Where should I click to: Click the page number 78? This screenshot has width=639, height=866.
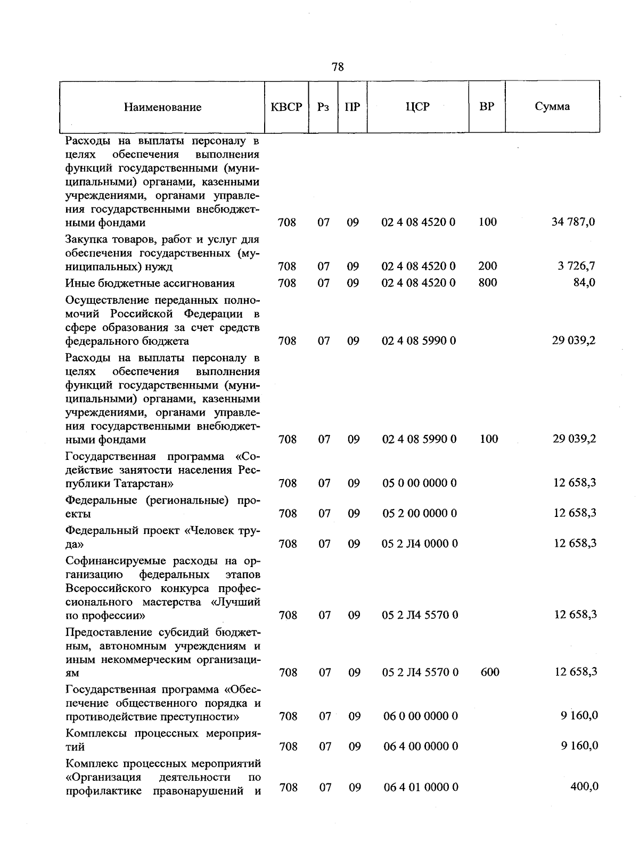tap(338, 67)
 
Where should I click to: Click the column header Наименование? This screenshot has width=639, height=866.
tap(162, 107)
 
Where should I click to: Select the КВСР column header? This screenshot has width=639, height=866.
tap(286, 107)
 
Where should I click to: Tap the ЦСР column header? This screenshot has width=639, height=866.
tap(417, 107)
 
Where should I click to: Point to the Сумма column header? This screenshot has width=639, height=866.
tap(552, 106)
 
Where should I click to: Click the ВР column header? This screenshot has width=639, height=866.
tap(487, 106)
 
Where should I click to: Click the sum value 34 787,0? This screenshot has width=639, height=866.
tap(574, 222)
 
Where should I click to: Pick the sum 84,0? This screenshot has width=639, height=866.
tap(584, 282)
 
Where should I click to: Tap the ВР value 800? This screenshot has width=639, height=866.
tap(488, 282)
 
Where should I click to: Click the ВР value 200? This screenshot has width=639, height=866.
tap(488, 265)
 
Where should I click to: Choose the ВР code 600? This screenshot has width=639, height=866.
tap(490, 672)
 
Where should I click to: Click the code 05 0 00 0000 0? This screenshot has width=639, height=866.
tap(420, 483)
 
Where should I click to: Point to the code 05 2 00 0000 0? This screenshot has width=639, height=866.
tap(420, 513)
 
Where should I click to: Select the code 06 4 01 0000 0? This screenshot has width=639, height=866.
tap(421, 787)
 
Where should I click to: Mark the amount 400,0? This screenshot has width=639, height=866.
tap(584, 786)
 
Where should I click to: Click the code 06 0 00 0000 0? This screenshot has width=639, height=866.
tap(421, 716)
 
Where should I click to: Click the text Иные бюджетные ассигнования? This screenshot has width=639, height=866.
tap(150, 283)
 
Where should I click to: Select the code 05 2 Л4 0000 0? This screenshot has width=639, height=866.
tap(420, 544)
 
